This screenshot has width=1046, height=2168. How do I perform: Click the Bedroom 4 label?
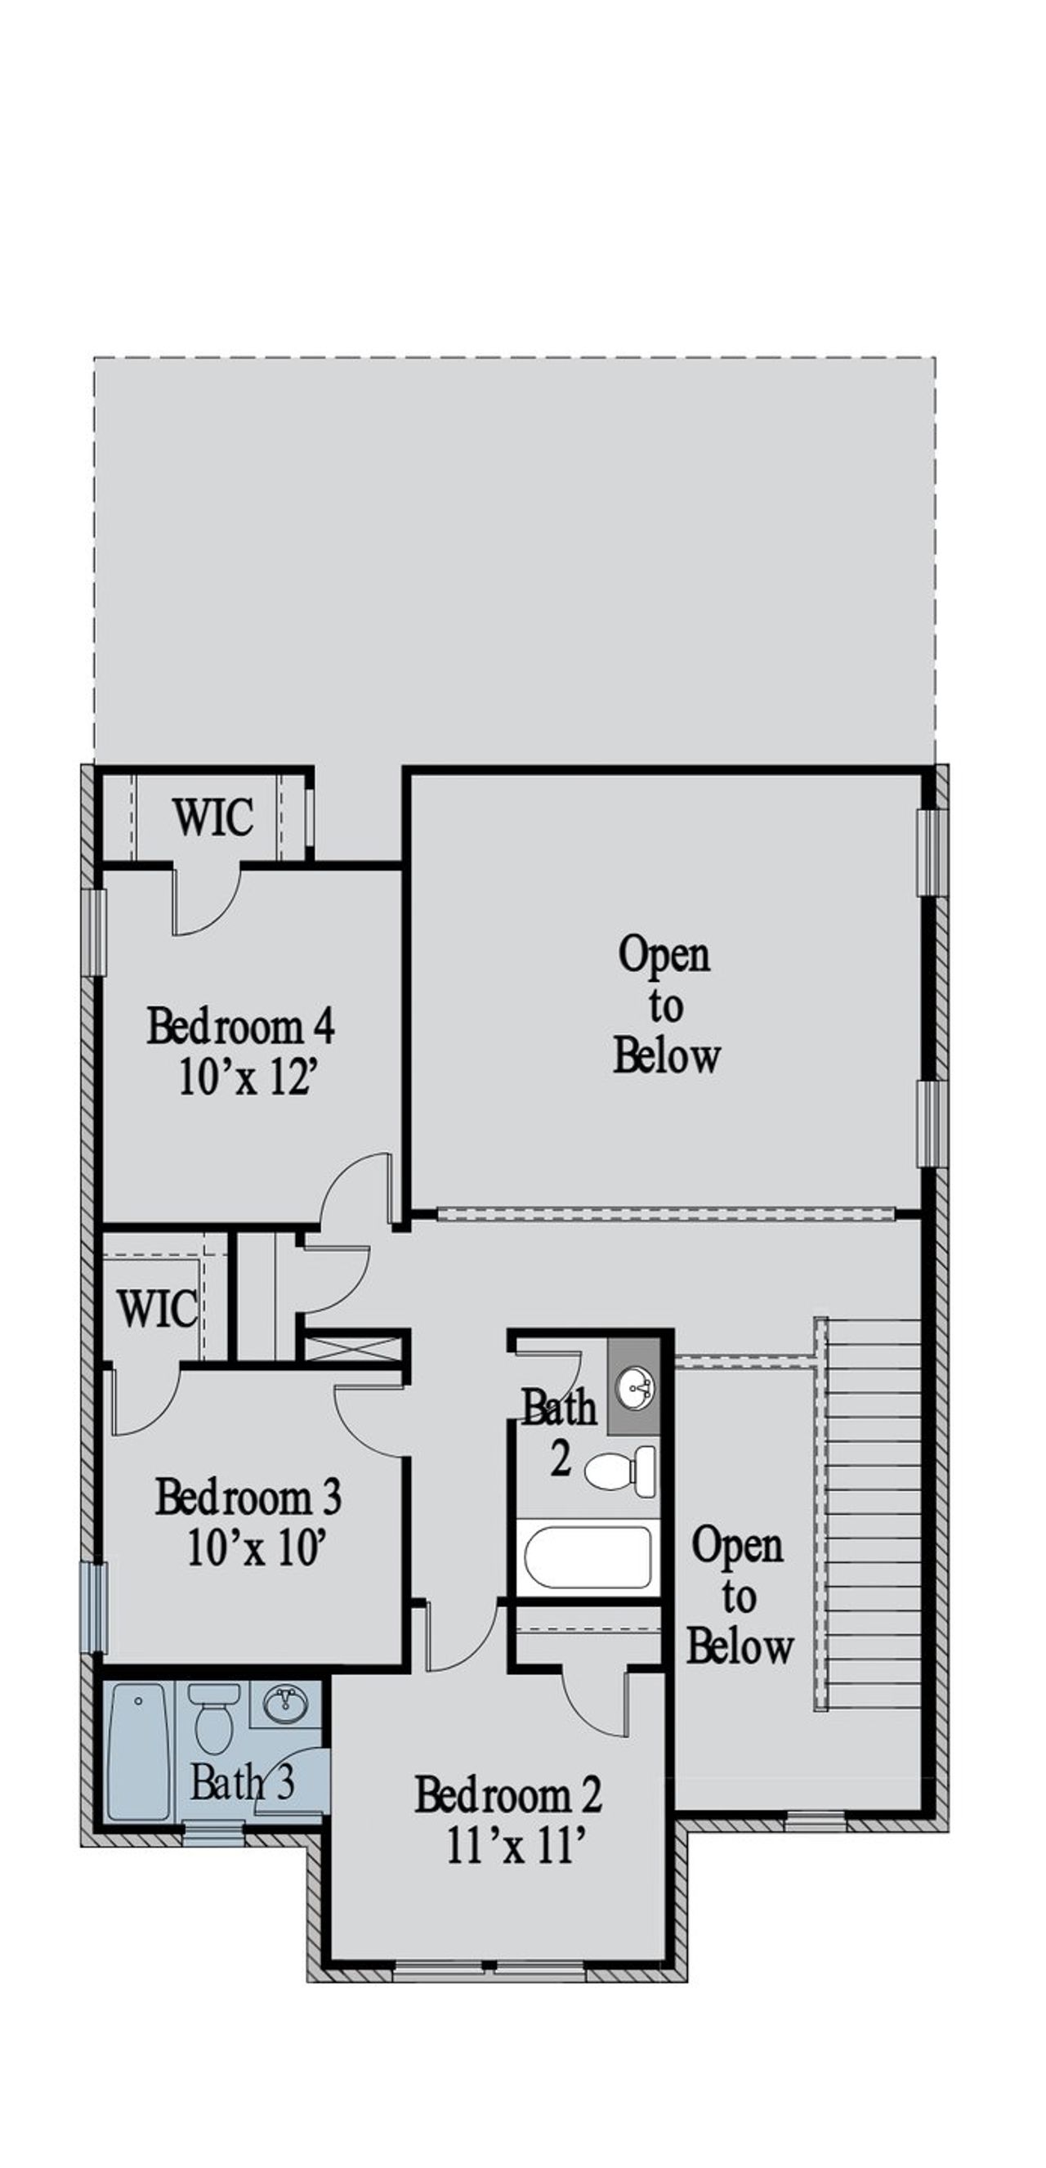pos(241,1026)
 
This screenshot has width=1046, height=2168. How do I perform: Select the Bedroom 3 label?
pos(248,1497)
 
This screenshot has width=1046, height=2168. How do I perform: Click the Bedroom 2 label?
pos(508,1795)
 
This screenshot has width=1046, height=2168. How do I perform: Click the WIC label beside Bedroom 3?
pos(158,1310)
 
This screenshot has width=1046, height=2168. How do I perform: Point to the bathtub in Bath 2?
pos(588,1557)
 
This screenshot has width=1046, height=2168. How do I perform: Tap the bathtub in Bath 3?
pos(139,1749)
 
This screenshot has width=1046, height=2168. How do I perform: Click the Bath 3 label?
pos(242,1782)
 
